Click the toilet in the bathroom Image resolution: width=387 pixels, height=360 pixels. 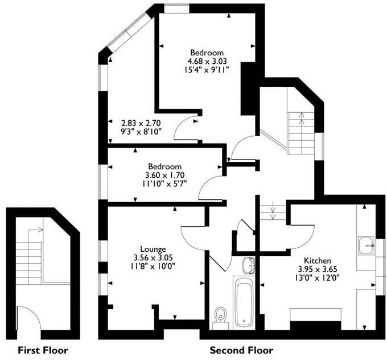221,317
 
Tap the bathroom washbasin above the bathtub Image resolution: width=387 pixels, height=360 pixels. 248,265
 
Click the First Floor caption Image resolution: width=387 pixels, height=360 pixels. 43,350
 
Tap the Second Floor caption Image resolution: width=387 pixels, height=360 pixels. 241,350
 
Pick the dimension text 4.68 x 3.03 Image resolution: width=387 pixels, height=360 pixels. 207,61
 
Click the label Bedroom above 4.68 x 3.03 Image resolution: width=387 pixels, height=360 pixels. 207,52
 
